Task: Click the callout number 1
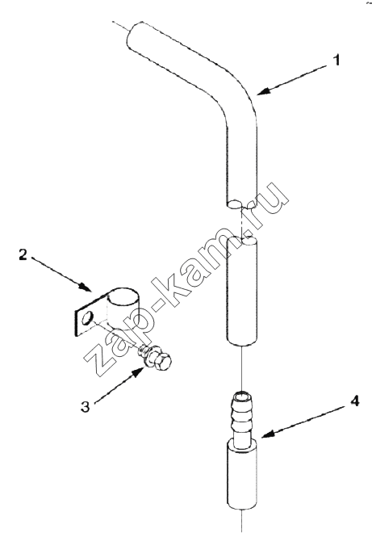tap(337, 60)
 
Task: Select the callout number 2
tap(23, 254)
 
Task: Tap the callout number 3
tap(85, 406)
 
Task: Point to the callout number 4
tap(354, 401)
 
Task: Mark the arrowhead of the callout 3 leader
tap(140, 371)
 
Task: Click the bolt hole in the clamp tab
tap(86, 317)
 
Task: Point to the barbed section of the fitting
tap(242, 417)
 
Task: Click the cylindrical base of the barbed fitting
tap(242, 475)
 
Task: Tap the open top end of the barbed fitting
tap(242, 394)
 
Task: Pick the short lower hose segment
tap(242, 291)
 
